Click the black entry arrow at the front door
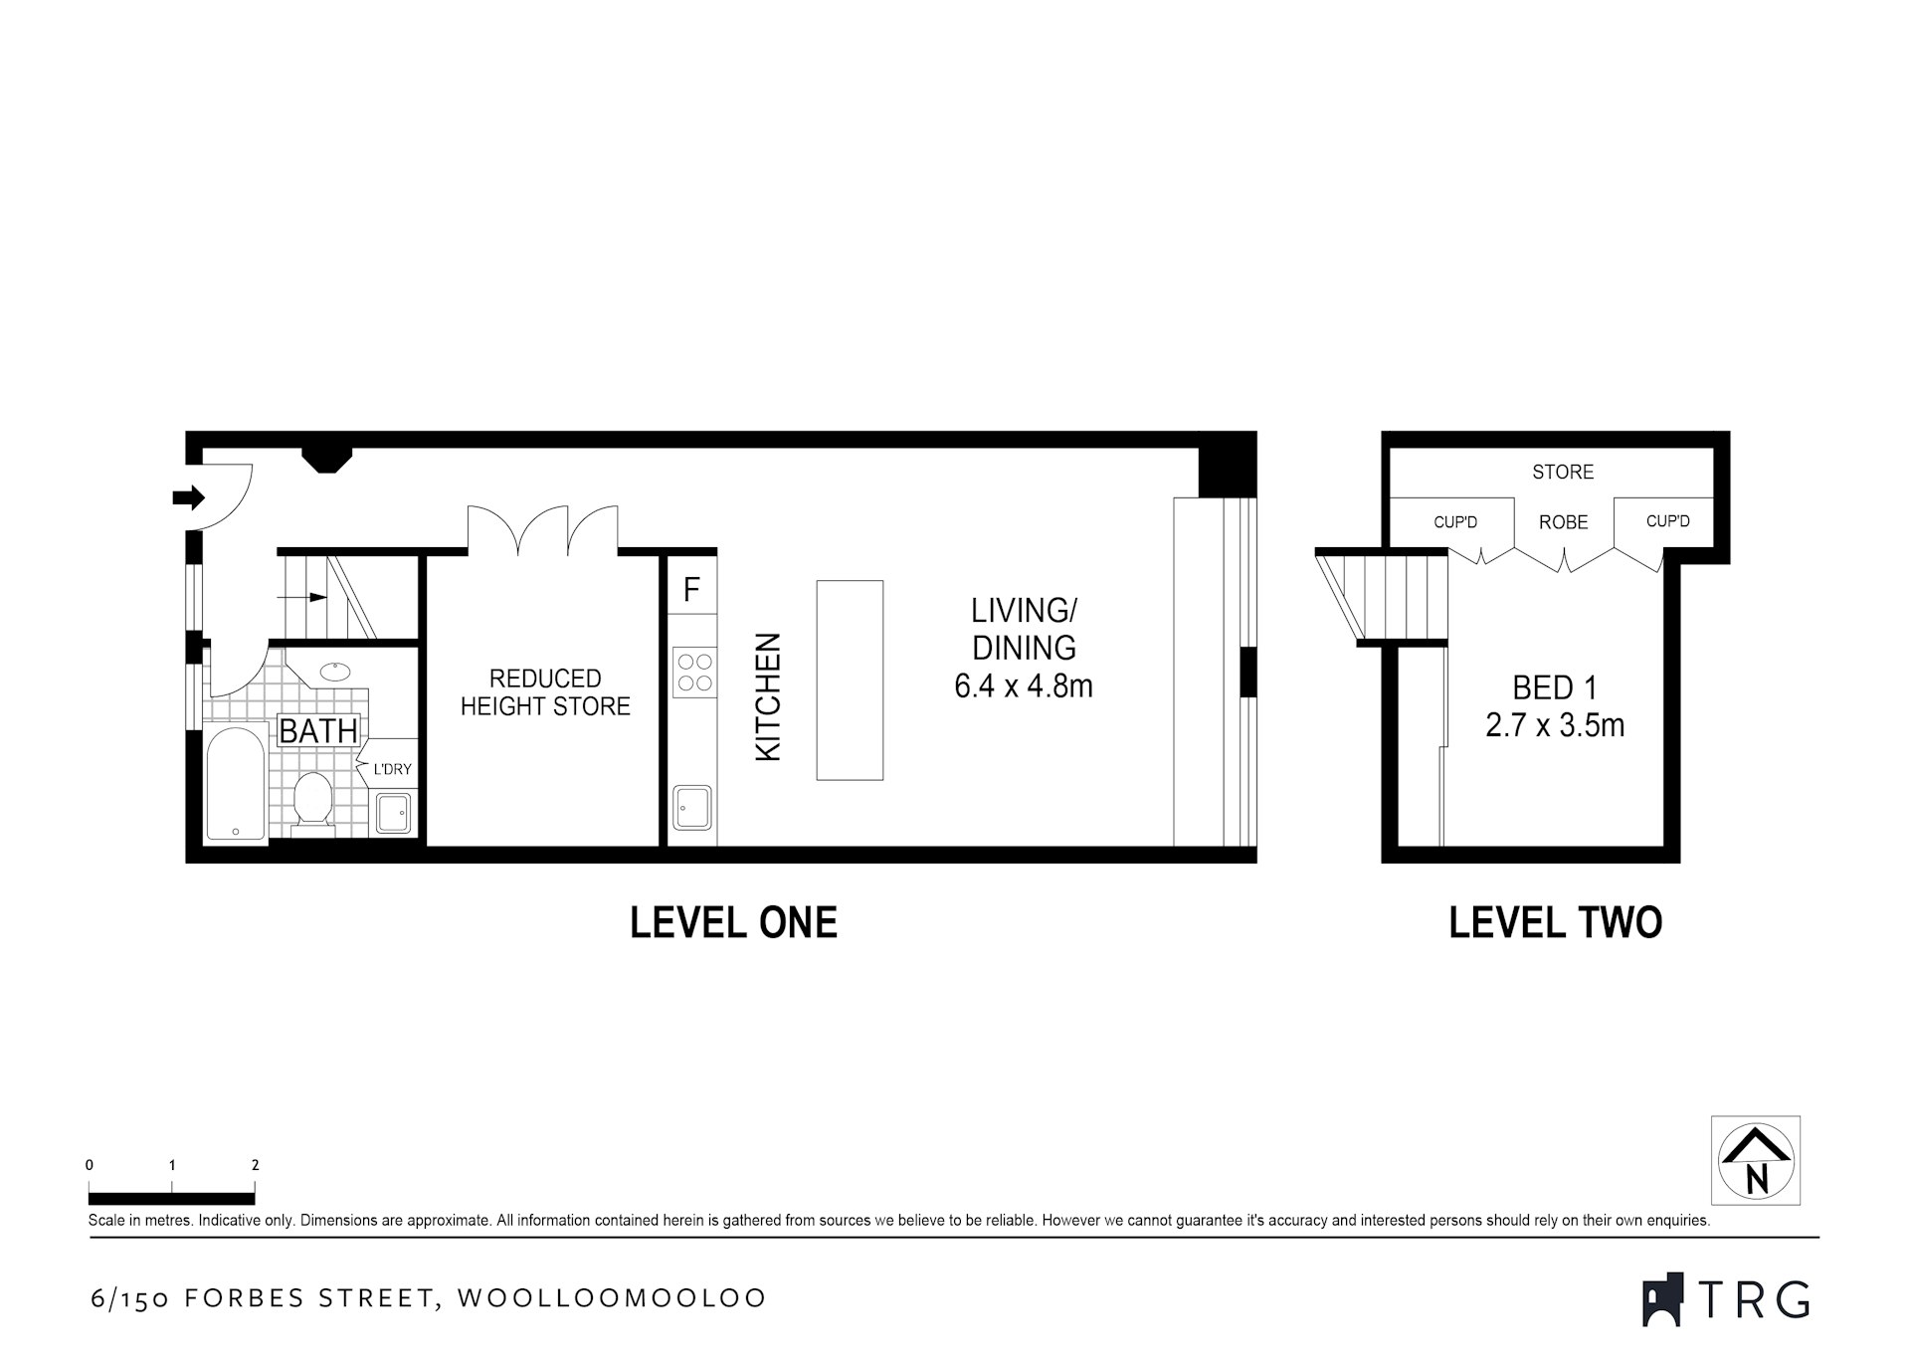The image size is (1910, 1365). pyautogui.click(x=188, y=496)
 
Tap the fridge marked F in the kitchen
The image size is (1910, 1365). pyautogui.click(x=692, y=589)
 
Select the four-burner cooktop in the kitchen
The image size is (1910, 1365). pyautogui.click(x=693, y=672)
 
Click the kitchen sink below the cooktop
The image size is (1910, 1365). pyautogui.click(x=692, y=807)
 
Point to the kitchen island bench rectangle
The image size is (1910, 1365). pyautogui.click(x=850, y=680)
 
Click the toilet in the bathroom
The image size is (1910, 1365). pyautogui.click(x=313, y=798)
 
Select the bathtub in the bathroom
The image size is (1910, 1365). pyautogui.click(x=236, y=784)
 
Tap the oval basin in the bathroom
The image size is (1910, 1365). pyautogui.click(x=334, y=671)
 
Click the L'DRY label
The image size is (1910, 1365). pyautogui.click(x=392, y=769)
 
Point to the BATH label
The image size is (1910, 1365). pyautogui.click(x=318, y=731)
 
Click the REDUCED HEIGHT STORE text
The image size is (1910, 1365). pyautogui.click(x=545, y=692)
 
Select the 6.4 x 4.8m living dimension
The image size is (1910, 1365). pyautogui.click(x=1024, y=685)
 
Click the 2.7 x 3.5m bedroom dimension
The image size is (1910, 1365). pyautogui.click(x=1555, y=725)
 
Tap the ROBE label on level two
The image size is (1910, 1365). pyautogui.click(x=1564, y=522)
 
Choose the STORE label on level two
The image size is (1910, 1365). pyautogui.click(x=1563, y=472)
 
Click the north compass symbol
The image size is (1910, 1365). pyautogui.click(x=1756, y=1160)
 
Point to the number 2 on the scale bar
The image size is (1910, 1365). pyautogui.click(x=256, y=1165)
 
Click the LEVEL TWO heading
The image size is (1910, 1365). pyautogui.click(x=1555, y=923)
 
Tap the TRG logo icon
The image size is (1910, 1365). pyautogui.click(x=1662, y=1298)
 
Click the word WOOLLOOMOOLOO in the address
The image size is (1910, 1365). pyautogui.click(x=612, y=1298)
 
